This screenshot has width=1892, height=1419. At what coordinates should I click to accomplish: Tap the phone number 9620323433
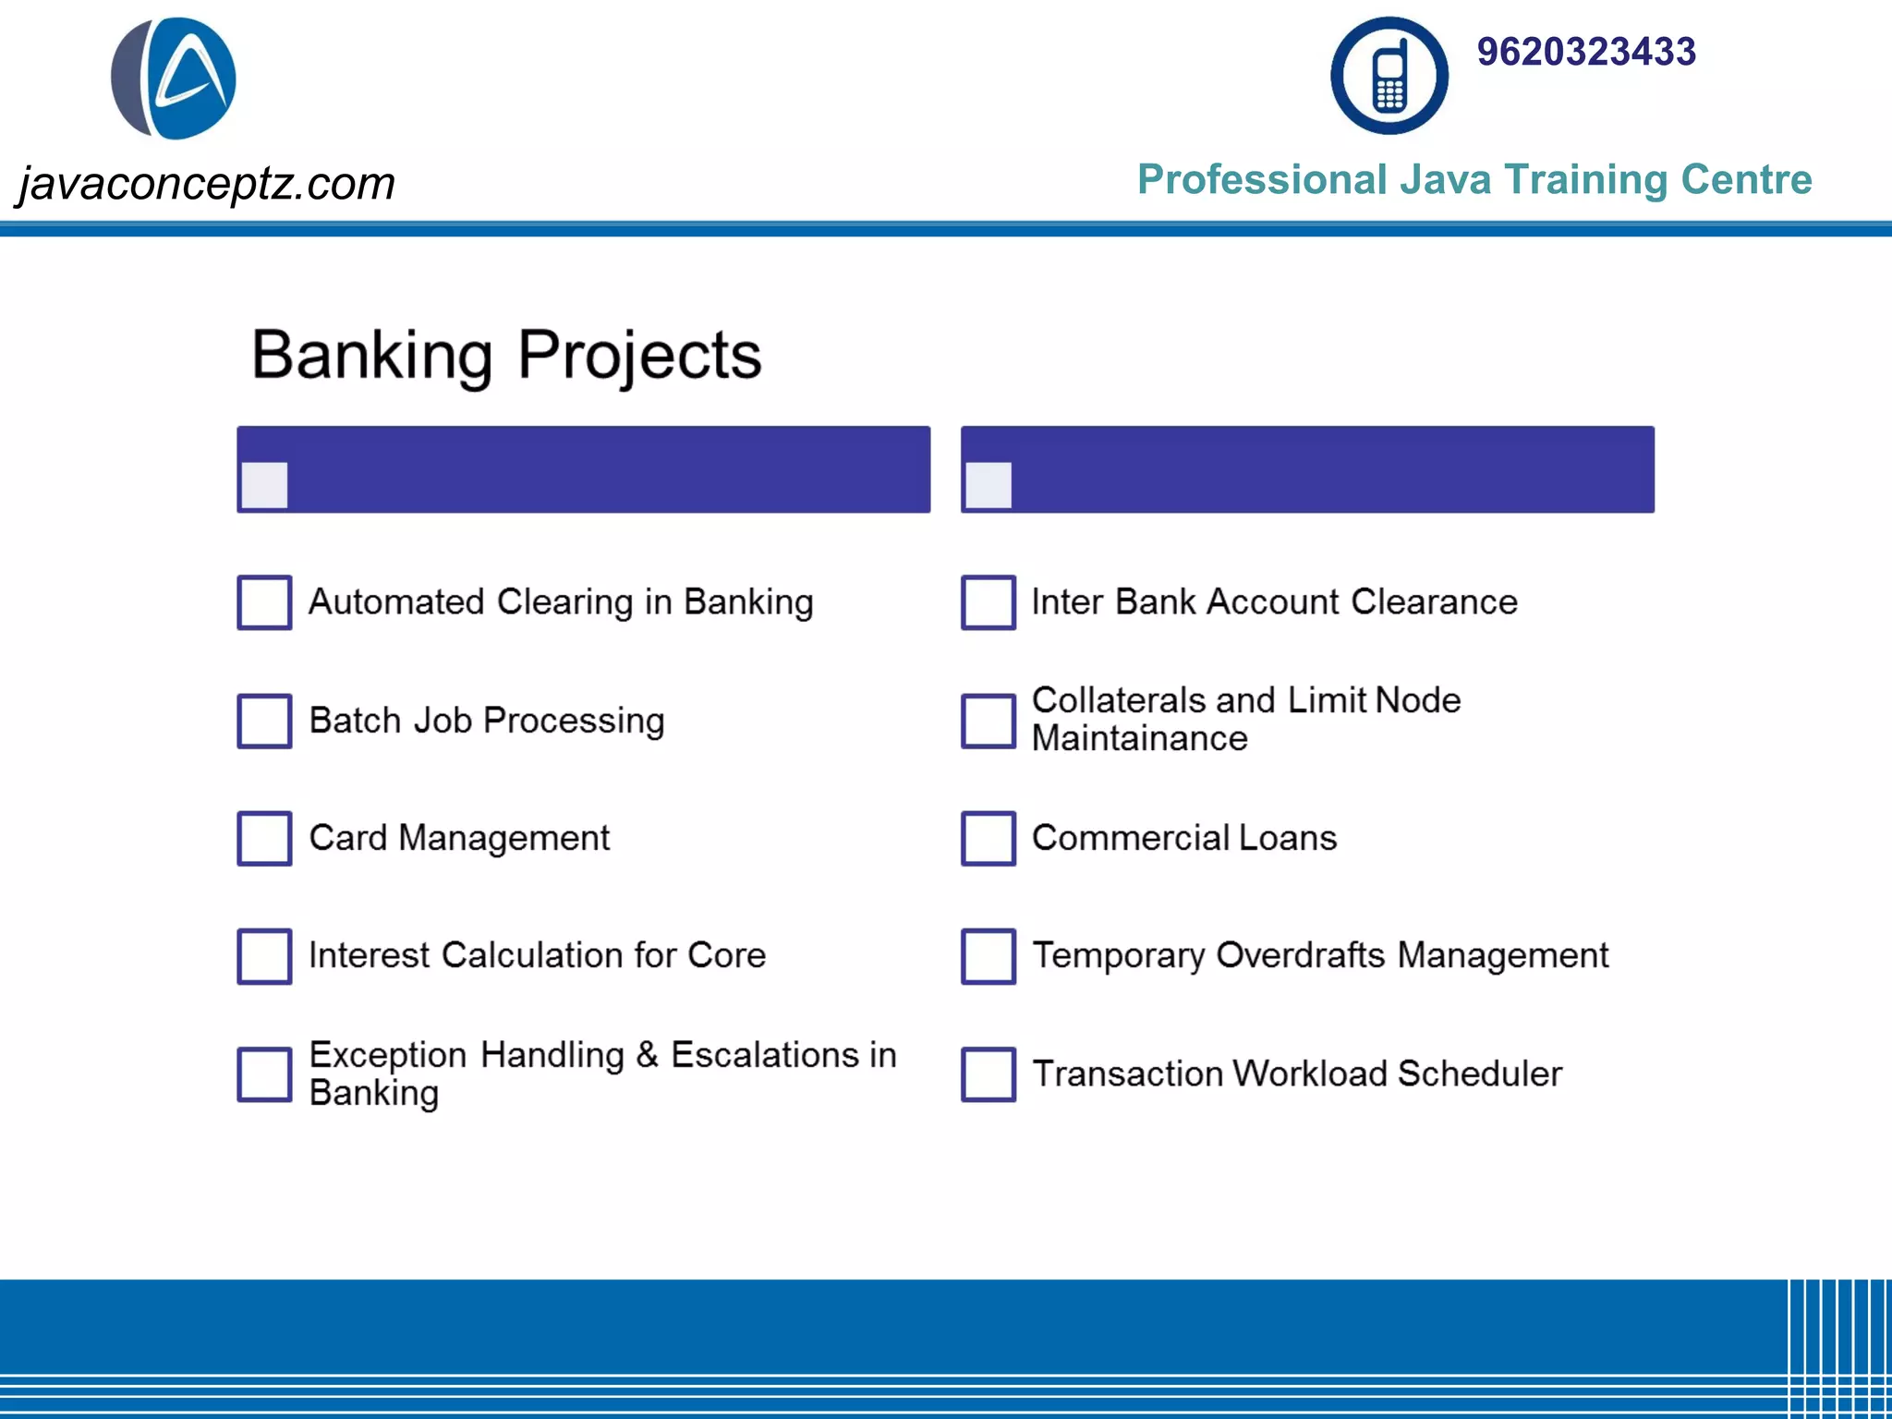(x=1585, y=52)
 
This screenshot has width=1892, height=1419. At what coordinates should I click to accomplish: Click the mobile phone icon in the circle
(x=1389, y=76)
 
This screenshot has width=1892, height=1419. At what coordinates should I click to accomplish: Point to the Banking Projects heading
(x=506, y=355)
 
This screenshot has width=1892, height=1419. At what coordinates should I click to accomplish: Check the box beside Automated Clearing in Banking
(x=264, y=602)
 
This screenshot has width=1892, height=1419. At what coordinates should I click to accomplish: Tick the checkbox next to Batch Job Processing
(x=264, y=721)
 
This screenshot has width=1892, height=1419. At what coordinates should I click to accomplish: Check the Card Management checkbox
(x=264, y=838)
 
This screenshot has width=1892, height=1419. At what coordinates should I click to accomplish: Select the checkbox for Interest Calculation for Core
(x=264, y=956)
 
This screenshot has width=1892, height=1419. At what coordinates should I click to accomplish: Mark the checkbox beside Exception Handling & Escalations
(x=264, y=1073)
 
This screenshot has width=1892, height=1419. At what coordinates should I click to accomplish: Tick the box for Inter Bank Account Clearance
(x=988, y=602)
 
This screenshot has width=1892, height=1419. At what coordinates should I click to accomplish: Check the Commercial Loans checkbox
(x=988, y=838)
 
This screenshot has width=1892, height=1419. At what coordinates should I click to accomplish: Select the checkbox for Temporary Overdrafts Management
(x=988, y=956)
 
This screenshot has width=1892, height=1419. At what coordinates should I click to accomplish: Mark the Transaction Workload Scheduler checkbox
(x=988, y=1073)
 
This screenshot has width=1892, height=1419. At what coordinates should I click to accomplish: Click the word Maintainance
(x=1139, y=739)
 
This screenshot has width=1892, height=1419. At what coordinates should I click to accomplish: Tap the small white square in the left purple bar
(x=264, y=485)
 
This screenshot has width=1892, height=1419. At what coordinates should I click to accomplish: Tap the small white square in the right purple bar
(x=988, y=485)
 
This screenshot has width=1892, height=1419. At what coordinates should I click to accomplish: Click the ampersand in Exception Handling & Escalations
(x=648, y=1055)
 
